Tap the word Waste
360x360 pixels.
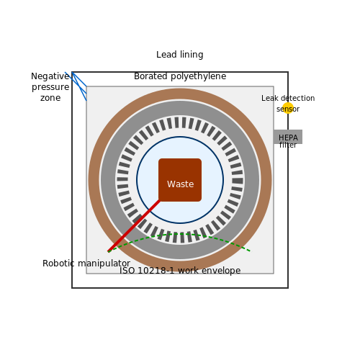[x=181, y=184]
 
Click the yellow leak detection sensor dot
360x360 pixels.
[x=288, y=108]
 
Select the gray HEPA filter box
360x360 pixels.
[x=288, y=137]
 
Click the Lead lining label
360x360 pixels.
[x=180, y=55]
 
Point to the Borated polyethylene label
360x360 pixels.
[x=180, y=76]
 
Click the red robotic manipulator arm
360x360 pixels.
[x=134, y=226]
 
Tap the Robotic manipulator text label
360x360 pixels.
[x=86, y=264]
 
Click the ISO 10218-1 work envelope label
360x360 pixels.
[x=180, y=271]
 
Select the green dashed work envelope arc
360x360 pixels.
[x=180, y=233]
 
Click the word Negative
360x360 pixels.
[x=50, y=76]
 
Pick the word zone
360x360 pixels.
[x=50, y=98]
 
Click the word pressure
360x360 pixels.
[x=50, y=87]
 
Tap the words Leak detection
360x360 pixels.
[x=288, y=98]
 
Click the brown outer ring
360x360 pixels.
[x=180, y=94]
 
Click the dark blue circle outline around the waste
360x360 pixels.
[x=180, y=137]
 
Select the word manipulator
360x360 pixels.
[x=104, y=264]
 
